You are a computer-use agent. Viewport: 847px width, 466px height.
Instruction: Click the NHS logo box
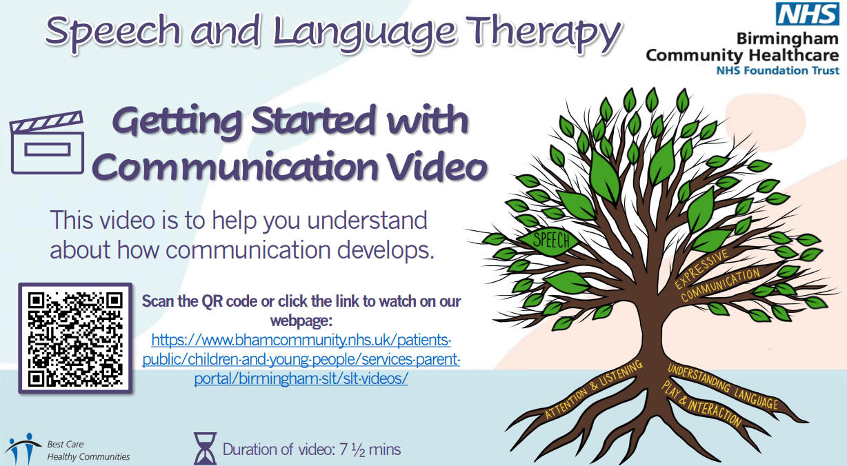tap(807, 14)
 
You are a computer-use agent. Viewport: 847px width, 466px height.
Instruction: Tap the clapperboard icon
tap(47, 143)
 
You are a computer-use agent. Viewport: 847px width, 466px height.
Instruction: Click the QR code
tap(75, 338)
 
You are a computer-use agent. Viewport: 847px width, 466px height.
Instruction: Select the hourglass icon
tap(205, 449)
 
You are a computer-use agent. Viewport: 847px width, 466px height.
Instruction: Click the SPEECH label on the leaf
tap(551, 241)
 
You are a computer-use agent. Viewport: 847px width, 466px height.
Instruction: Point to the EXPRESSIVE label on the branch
tap(701, 268)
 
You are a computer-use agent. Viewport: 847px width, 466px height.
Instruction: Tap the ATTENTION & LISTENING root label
tap(594, 389)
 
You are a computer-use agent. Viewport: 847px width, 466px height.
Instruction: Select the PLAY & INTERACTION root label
tap(701, 405)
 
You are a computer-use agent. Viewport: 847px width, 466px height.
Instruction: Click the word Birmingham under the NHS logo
tap(787, 39)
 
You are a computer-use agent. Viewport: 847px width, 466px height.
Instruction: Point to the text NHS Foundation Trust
tap(777, 70)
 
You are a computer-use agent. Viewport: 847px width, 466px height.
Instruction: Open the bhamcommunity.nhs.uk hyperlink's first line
tap(301, 340)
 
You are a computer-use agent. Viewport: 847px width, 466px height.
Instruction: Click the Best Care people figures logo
tap(23, 449)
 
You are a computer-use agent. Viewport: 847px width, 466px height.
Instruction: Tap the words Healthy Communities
tap(88, 457)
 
